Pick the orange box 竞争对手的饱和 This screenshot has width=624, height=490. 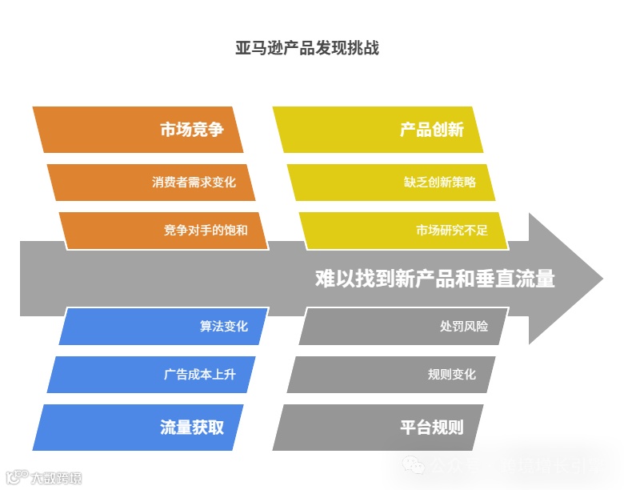click(164, 231)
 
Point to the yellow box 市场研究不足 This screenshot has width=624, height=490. click(404, 231)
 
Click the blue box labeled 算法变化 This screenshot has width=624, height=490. click(164, 327)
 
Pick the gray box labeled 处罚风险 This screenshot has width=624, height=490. click(404, 327)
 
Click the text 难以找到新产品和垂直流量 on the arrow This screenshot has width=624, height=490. click(434, 279)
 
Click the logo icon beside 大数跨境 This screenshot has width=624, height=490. click(14, 478)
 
